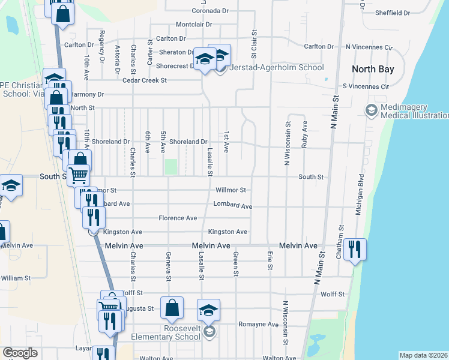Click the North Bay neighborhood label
click(x=373, y=69)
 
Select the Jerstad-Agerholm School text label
click(x=277, y=67)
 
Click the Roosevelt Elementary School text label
click(x=171, y=332)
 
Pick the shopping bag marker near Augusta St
click(x=172, y=308)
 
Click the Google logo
click(x=20, y=353)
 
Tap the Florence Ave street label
click(x=178, y=218)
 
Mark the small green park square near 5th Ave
click(x=172, y=167)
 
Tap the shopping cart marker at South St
click(x=78, y=176)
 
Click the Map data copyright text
click(x=423, y=355)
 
